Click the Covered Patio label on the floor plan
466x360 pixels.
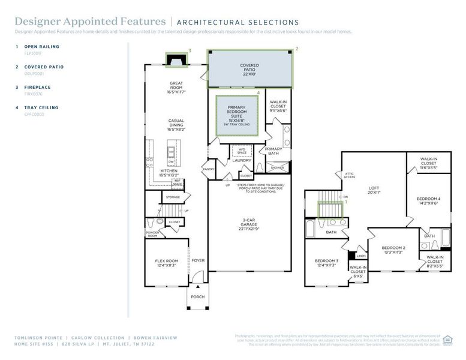click(249, 69)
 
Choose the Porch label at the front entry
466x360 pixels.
click(197, 297)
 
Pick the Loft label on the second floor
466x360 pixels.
click(374, 190)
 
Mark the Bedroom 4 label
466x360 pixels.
click(429, 200)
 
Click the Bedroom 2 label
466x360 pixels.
click(393, 250)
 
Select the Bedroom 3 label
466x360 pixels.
click(327, 263)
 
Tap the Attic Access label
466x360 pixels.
click(349, 176)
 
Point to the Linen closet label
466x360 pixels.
click(362, 256)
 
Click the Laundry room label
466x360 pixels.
click(242, 161)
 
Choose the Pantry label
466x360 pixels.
click(209, 170)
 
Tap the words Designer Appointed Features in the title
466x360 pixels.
click(90, 22)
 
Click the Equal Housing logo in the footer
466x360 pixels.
click(447, 340)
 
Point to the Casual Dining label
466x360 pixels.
click(176, 124)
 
